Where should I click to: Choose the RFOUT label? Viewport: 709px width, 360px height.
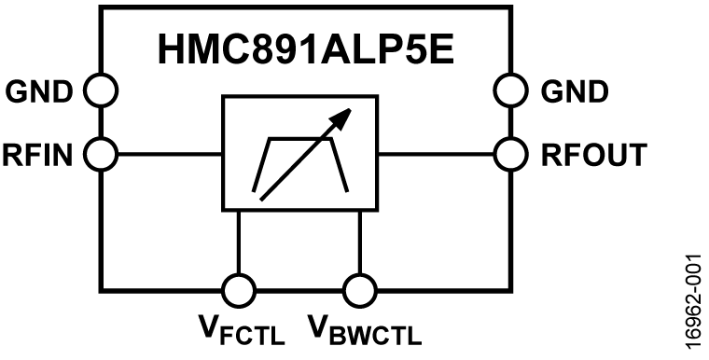point(591,152)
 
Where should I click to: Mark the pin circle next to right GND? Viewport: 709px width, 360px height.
point(511,90)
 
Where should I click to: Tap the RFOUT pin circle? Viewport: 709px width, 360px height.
point(511,152)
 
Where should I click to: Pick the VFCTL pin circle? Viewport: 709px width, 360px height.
point(240,287)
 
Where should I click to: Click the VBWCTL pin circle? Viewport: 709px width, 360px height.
point(359,287)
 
